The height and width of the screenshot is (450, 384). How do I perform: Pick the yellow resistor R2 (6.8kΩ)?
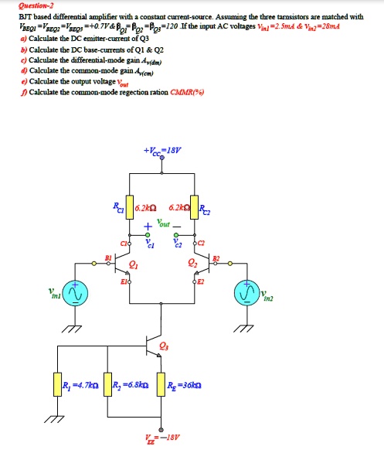pos(106,384)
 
